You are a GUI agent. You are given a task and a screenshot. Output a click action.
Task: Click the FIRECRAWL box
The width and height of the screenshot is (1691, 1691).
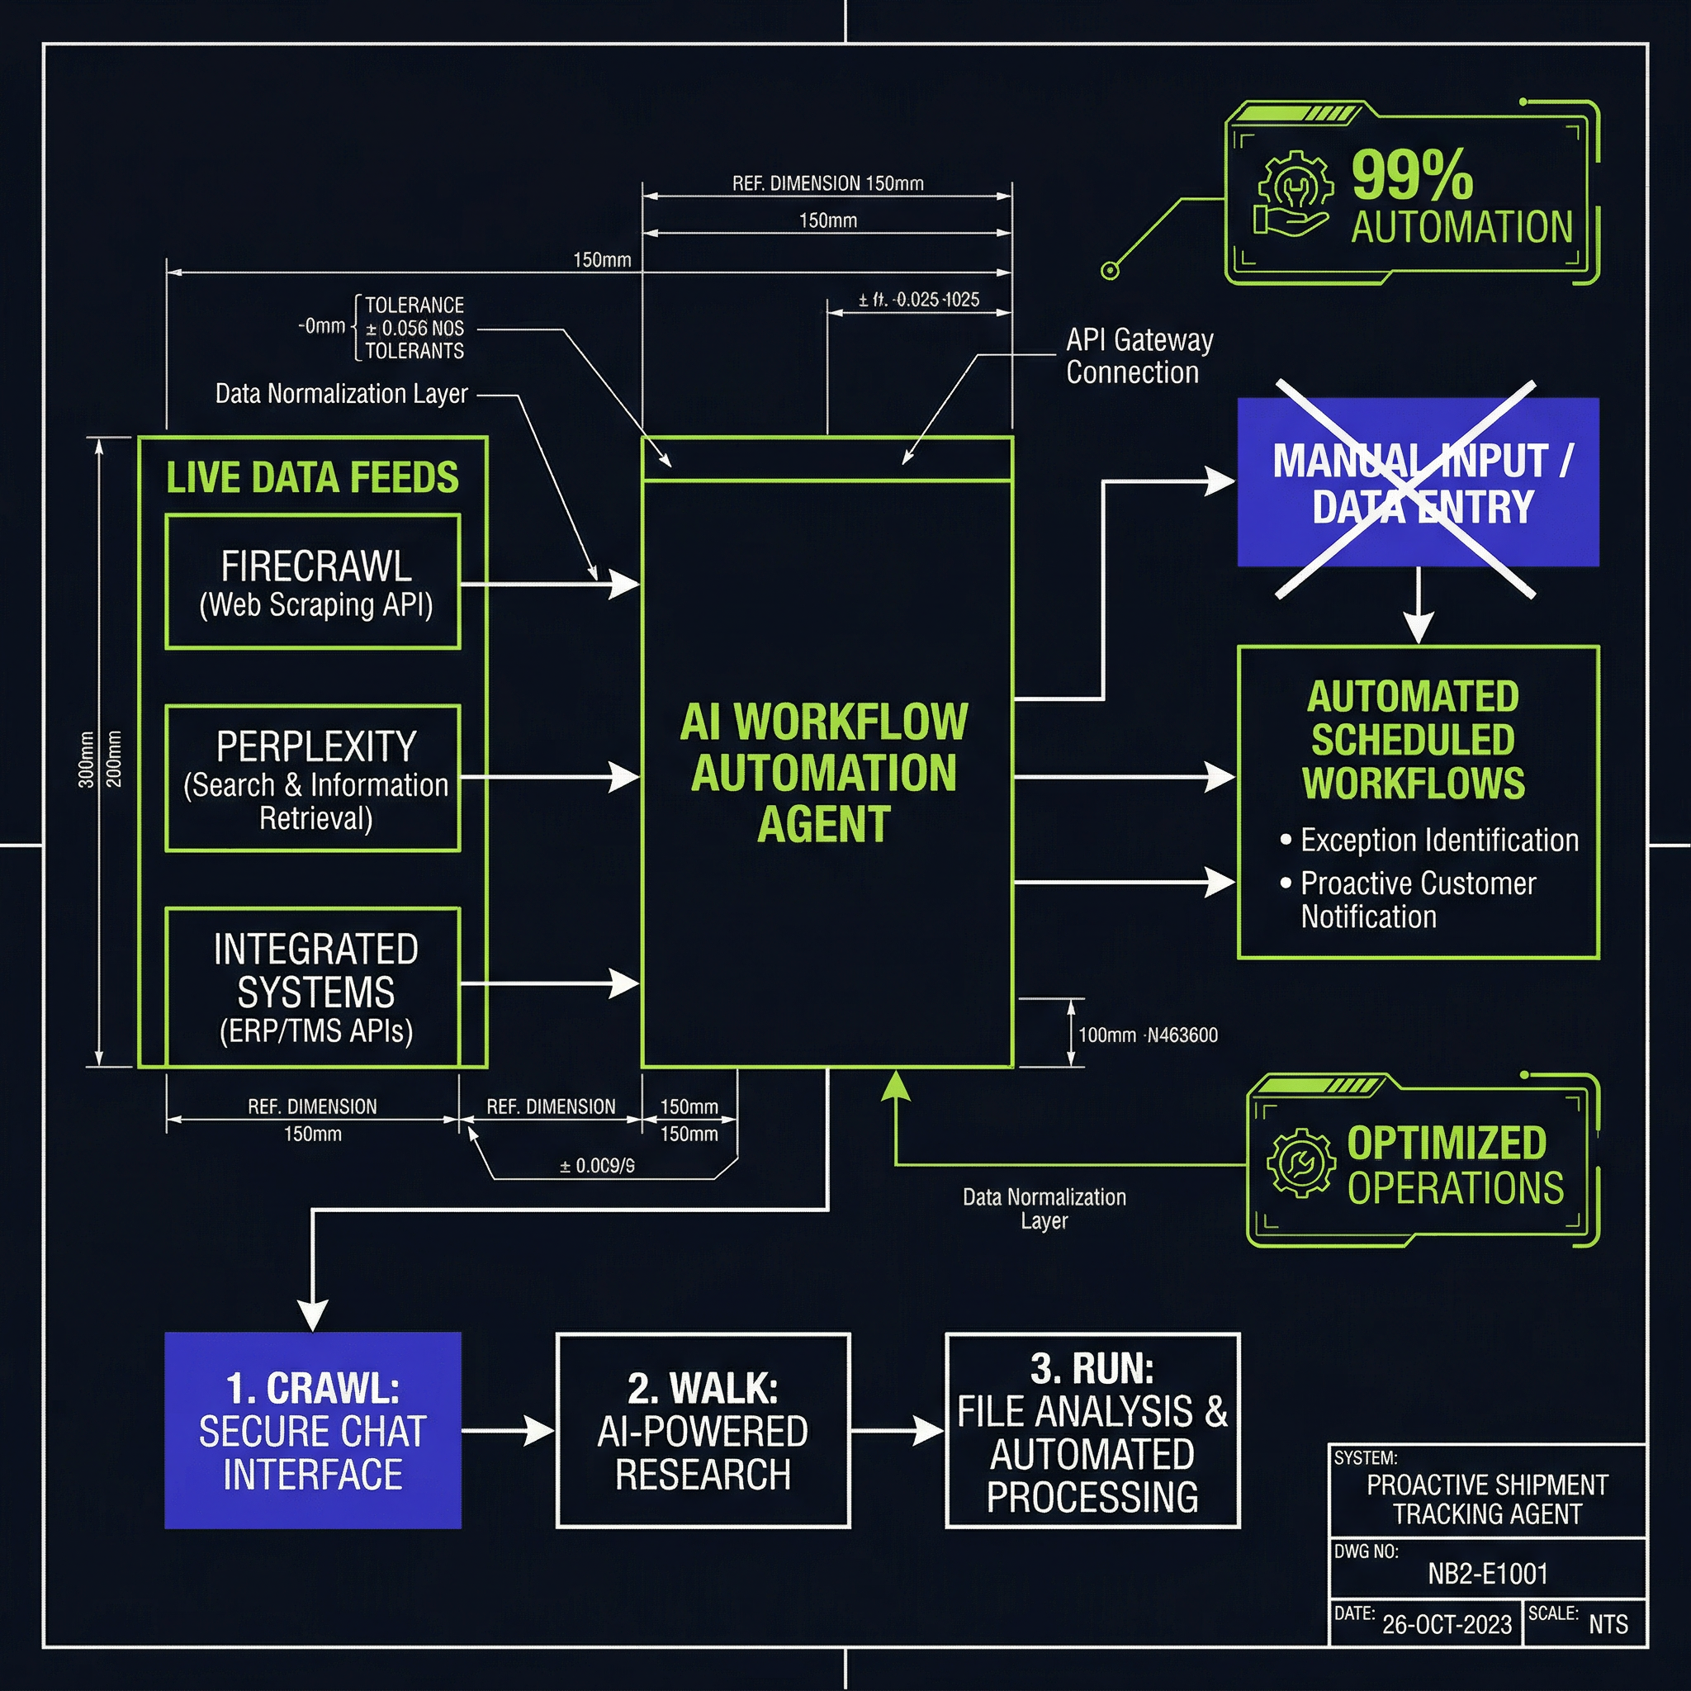(312, 582)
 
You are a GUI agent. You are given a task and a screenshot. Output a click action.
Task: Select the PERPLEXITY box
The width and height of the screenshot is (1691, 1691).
(312, 778)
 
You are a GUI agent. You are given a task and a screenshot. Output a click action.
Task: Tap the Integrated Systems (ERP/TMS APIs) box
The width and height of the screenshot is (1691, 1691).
(312, 988)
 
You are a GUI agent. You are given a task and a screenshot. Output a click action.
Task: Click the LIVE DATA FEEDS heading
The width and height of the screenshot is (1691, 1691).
(312, 478)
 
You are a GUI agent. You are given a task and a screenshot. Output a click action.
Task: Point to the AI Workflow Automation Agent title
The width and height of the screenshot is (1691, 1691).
(825, 773)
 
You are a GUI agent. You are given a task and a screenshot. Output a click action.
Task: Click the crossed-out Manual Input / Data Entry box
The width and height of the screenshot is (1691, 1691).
(1418, 483)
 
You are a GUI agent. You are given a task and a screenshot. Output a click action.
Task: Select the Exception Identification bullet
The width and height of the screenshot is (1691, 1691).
(1439, 841)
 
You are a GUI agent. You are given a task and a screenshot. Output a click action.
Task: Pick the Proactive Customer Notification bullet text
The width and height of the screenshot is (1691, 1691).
(1418, 900)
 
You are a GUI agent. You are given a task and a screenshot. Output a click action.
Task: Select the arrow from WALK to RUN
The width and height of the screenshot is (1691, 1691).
(898, 1431)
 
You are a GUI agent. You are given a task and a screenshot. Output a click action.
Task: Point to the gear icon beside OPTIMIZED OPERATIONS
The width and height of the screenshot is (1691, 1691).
(1300, 1163)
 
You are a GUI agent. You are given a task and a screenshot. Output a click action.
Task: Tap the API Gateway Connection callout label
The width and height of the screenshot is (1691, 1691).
(1139, 355)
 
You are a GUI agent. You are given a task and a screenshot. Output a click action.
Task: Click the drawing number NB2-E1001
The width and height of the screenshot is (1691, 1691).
(1488, 1574)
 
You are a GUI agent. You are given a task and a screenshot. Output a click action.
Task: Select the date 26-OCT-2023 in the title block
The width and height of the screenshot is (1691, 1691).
(1447, 1624)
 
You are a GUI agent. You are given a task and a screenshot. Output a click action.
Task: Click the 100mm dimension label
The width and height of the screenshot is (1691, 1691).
(1106, 1035)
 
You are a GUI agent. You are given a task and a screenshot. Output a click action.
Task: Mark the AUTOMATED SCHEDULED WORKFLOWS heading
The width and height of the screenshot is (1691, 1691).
(1413, 740)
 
